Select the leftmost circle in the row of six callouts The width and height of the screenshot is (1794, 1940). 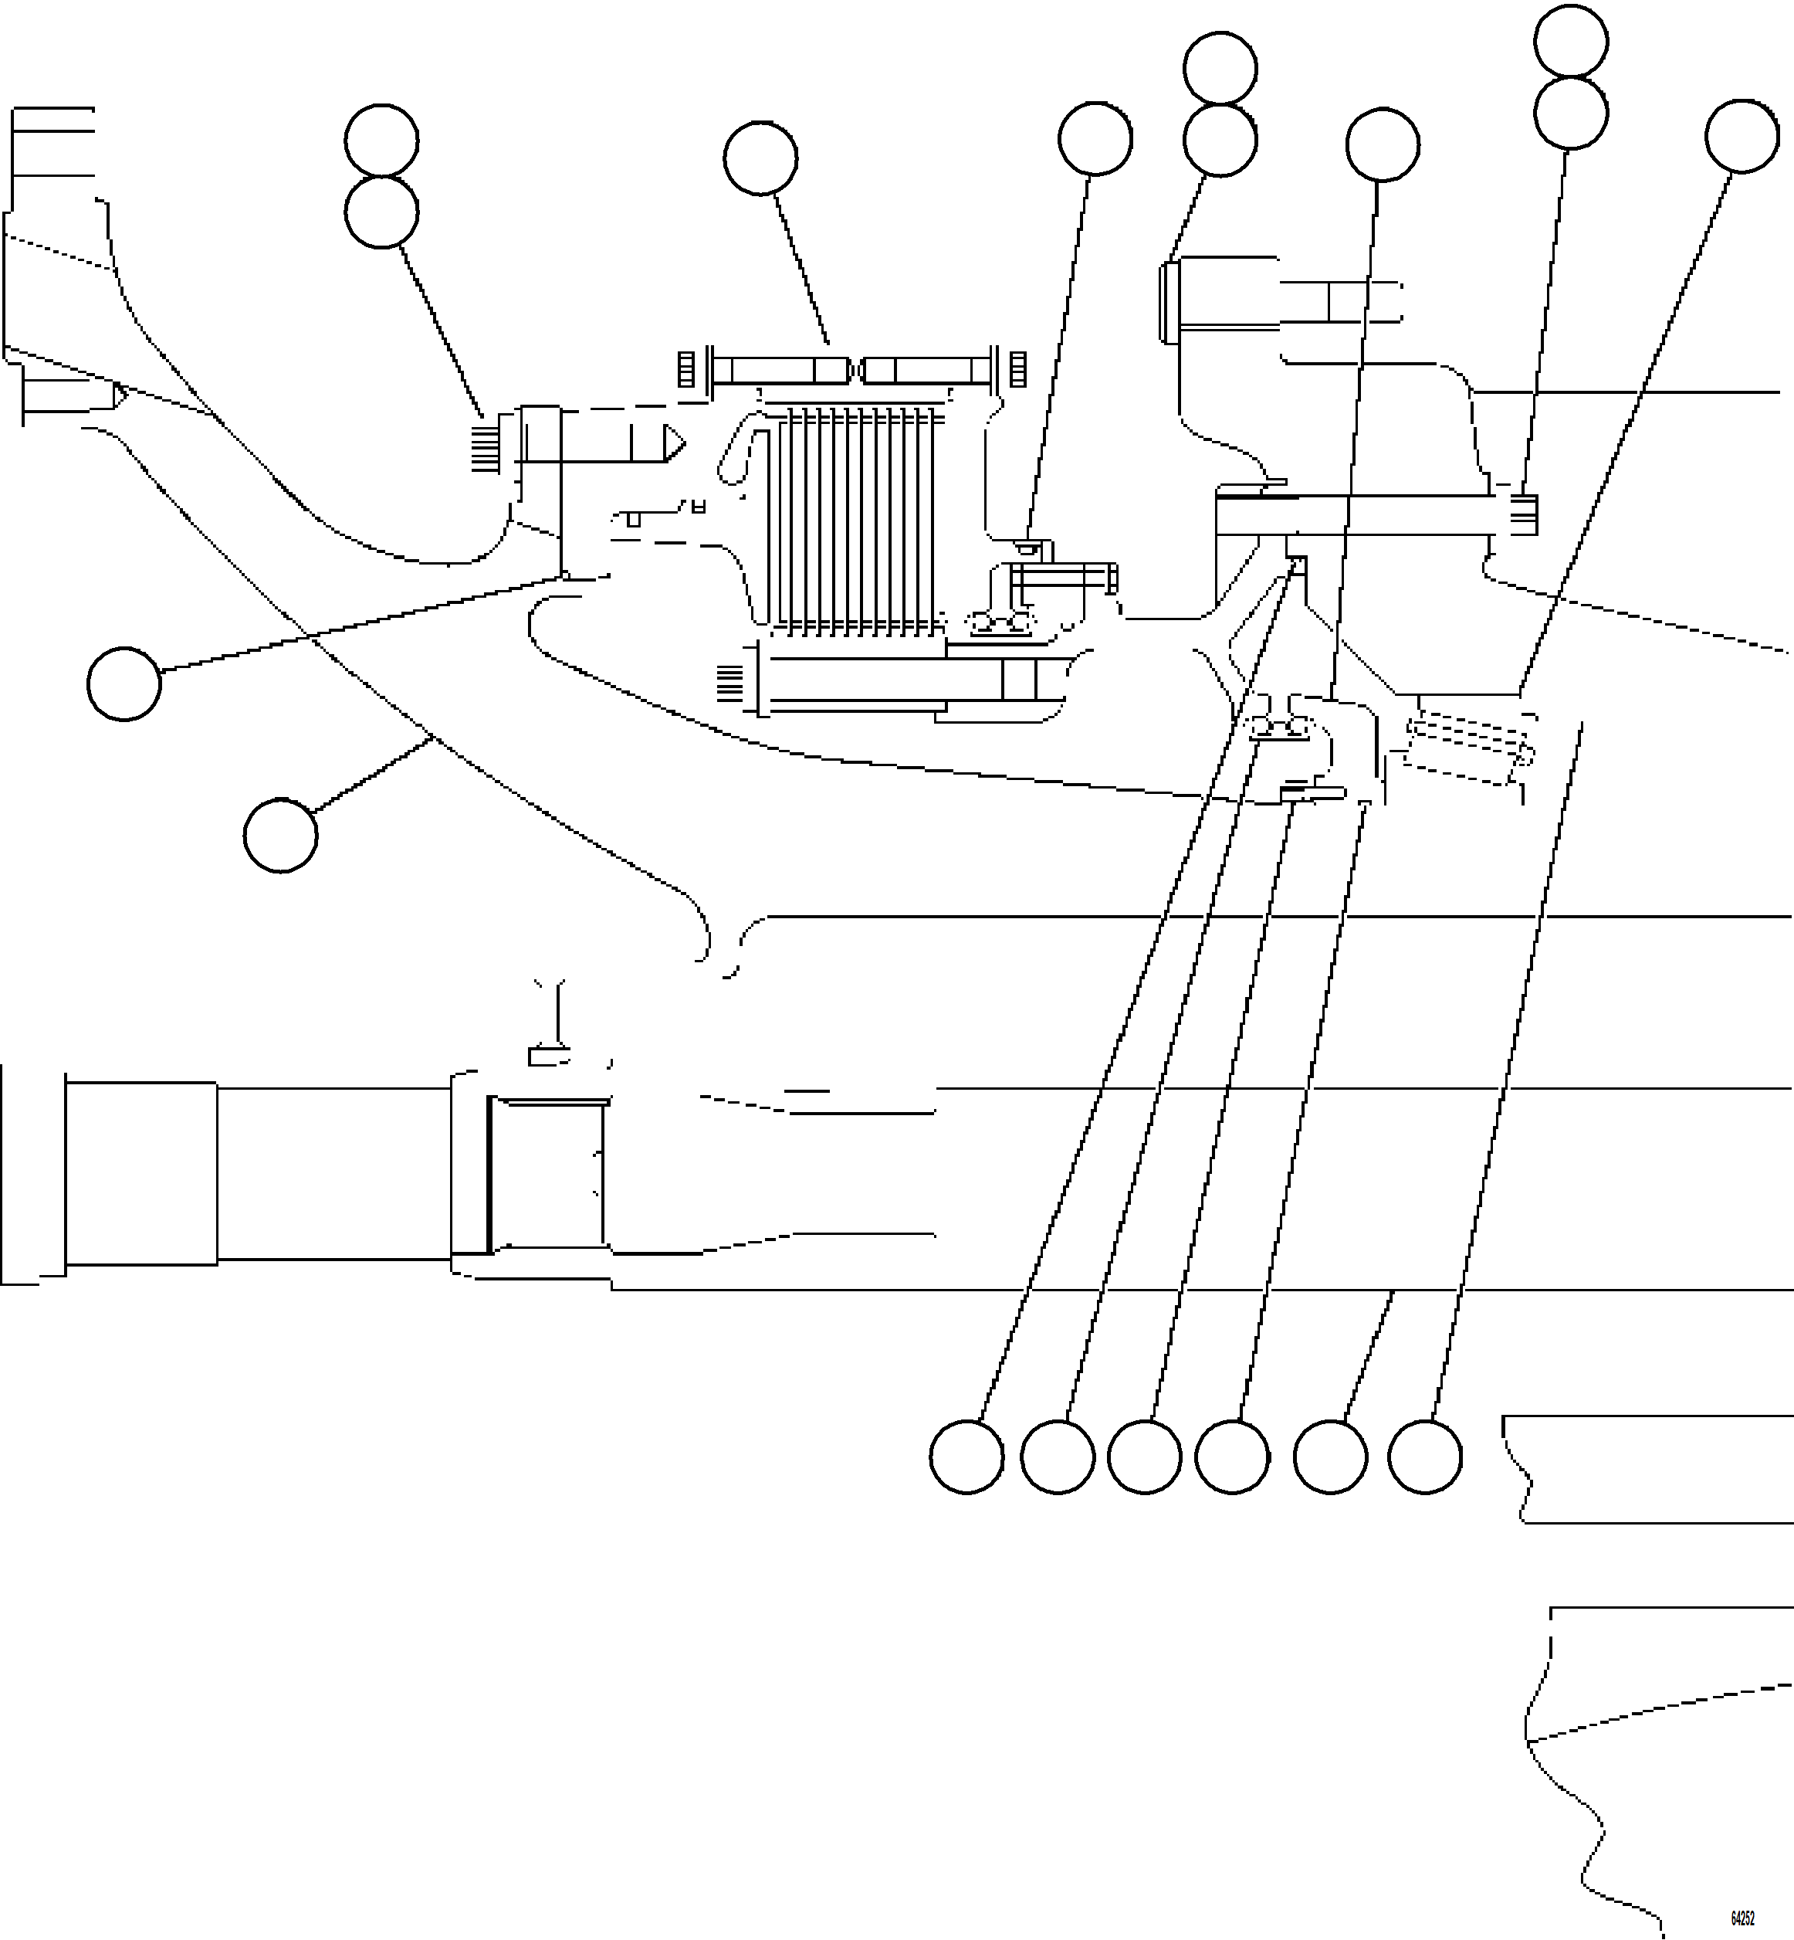[966, 1457]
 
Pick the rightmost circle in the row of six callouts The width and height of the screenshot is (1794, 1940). [1424, 1457]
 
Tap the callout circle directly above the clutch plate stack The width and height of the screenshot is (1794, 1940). [760, 158]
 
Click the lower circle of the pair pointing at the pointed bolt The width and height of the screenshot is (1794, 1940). [381, 212]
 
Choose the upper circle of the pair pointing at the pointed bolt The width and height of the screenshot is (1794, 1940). [381, 141]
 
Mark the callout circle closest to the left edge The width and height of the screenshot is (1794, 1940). [124, 683]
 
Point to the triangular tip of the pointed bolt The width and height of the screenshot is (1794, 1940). [674, 444]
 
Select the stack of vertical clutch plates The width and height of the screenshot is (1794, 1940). [855, 520]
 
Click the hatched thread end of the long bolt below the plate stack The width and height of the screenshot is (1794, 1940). [730, 683]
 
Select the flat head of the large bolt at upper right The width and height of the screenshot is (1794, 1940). [1168, 301]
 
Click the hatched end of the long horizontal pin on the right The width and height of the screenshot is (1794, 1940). [1524, 514]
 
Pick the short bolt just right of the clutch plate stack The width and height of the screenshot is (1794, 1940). [1063, 578]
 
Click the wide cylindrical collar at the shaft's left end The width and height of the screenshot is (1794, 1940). [140, 1173]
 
